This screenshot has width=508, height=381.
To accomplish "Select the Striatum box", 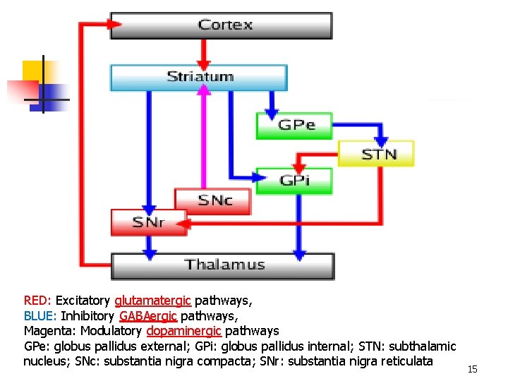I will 199,77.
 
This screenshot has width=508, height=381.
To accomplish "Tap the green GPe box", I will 294,126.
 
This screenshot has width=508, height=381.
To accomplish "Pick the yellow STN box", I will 377,154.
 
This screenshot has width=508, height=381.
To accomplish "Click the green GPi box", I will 294,181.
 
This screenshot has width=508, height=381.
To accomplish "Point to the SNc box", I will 214,201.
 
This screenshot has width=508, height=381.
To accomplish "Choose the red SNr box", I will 148,222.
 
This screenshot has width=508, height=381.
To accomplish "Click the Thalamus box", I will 223,266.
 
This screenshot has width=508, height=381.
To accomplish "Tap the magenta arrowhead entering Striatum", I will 204,90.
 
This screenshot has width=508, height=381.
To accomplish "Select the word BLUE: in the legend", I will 41,315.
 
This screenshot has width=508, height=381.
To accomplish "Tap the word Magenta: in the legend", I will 50,331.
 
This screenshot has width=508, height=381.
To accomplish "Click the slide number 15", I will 473,370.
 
